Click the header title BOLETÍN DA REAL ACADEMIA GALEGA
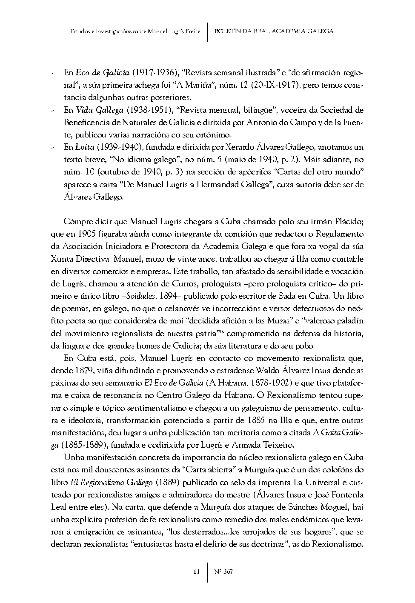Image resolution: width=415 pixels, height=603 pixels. tap(274, 31)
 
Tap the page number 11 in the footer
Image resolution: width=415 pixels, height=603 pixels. tap(196, 572)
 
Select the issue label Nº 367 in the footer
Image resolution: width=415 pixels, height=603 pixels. tap(223, 572)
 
